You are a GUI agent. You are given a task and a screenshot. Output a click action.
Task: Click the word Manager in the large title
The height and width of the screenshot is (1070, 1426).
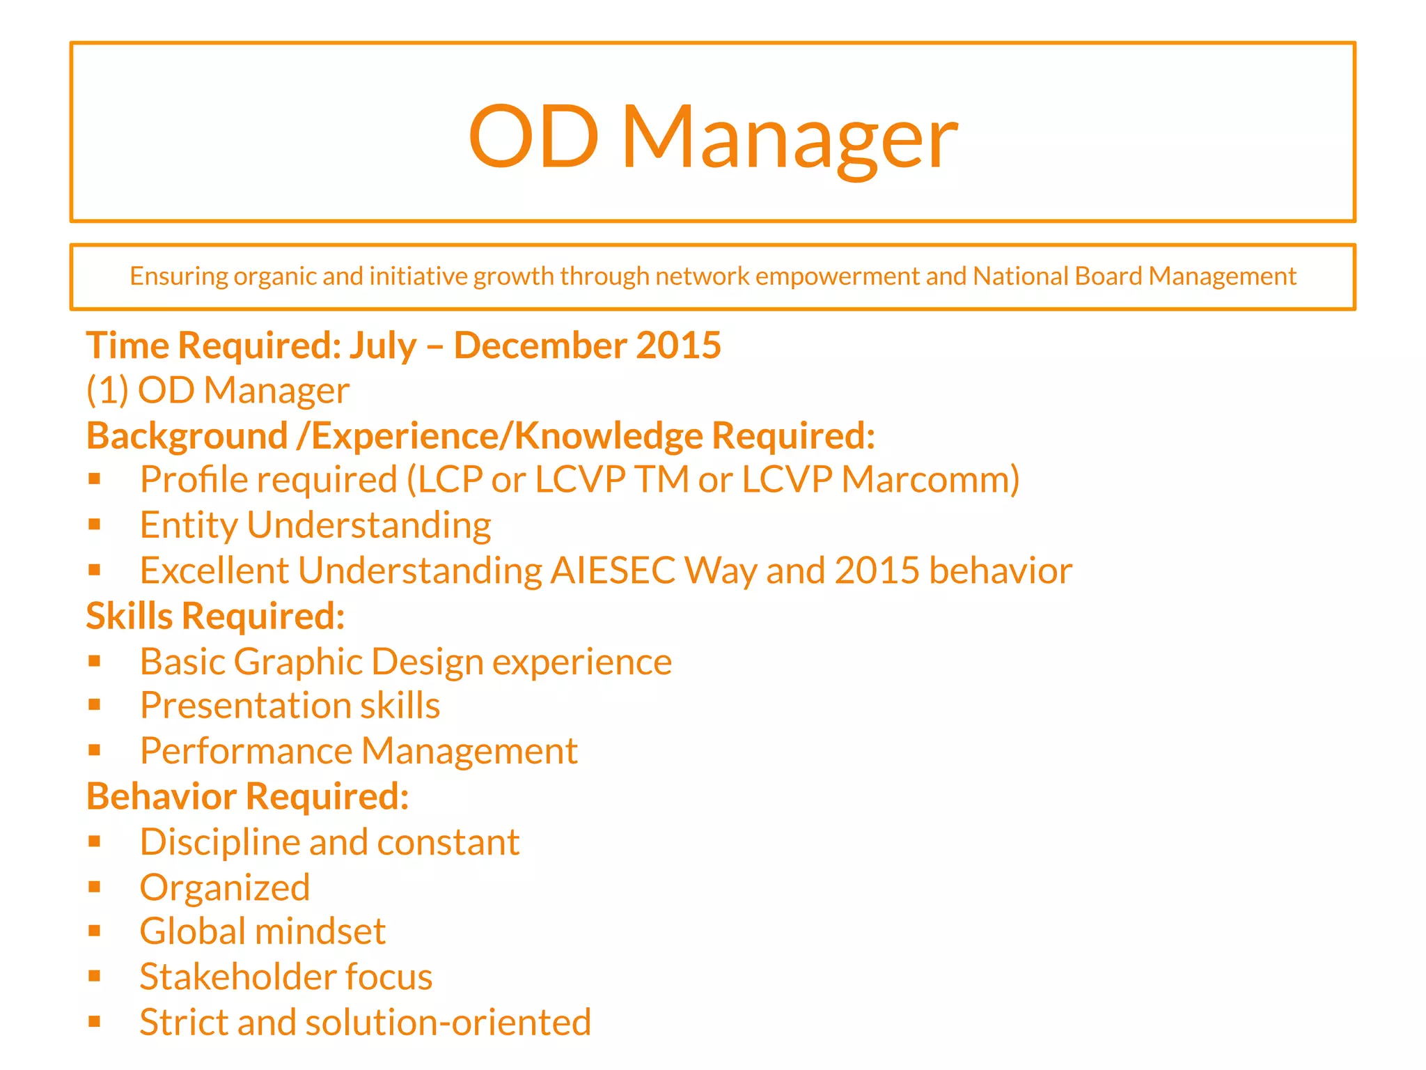[x=789, y=138]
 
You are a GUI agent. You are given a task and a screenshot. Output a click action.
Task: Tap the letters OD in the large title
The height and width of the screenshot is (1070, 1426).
[x=533, y=137]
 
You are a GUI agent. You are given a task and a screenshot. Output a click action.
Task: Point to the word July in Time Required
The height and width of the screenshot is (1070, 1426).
[x=382, y=346]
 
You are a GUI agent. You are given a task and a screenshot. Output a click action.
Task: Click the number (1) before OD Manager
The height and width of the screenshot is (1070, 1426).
[x=107, y=390]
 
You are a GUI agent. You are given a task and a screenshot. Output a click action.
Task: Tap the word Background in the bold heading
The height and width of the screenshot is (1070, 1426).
[x=187, y=437]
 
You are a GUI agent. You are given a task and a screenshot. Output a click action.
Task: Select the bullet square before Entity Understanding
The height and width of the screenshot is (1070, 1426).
[x=95, y=524]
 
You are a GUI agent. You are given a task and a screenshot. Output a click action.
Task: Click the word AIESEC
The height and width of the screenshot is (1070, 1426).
[x=613, y=571]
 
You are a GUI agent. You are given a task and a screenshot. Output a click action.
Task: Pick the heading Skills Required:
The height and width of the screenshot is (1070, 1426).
[x=215, y=617]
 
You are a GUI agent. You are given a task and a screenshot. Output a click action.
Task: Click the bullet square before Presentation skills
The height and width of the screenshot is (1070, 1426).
[x=95, y=705]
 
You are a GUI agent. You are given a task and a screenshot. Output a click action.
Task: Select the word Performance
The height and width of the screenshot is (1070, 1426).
[x=246, y=751]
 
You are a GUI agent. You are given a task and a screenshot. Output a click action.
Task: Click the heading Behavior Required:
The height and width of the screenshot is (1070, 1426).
[x=247, y=796]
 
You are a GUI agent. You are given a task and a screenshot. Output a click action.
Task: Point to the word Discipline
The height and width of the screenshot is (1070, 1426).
[x=219, y=842]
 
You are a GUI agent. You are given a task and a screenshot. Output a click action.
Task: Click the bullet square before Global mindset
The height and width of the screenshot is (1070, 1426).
[x=95, y=931]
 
